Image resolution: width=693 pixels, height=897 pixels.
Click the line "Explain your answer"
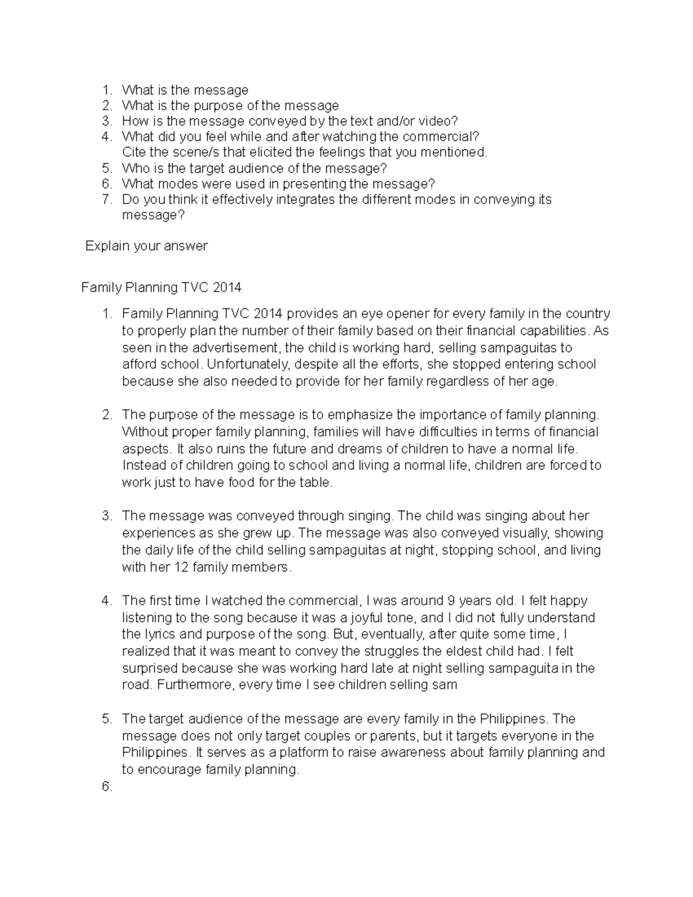click(146, 246)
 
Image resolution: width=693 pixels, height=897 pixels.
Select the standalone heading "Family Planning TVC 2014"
click(161, 287)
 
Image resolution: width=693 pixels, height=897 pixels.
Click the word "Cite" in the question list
click(134, 152)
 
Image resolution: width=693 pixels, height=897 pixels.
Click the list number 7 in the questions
click(106, 200)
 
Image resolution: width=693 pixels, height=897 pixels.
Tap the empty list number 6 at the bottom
click(106, 786)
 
